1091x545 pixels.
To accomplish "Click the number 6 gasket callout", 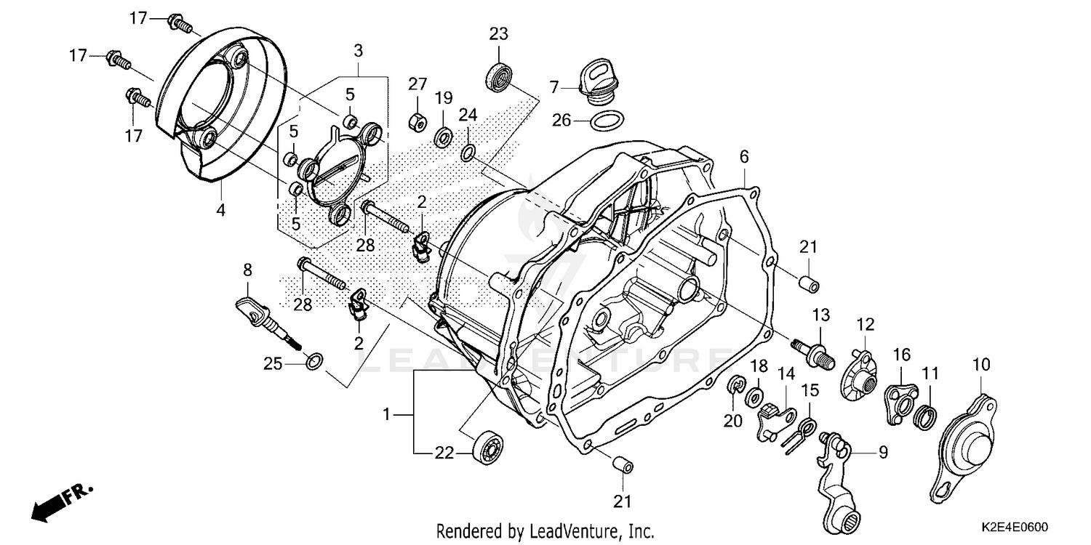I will coord(744,156).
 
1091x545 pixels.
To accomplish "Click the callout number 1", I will coord(388,414).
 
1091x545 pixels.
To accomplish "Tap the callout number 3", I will coord(358,51).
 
